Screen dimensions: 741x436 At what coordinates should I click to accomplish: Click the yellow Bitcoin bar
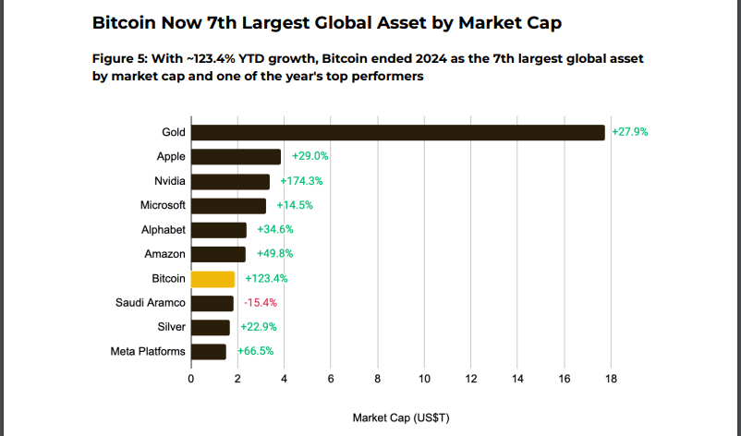click(213, 279)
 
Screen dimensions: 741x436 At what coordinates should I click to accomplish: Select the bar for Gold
click(398, 133)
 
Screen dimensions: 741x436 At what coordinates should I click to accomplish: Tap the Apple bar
click(236, 157)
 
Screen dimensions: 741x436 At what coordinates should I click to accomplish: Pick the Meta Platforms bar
click(209, 352)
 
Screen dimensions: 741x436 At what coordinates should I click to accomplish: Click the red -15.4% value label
click(261, 303)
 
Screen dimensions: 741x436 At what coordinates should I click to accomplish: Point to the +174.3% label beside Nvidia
click(301, 181)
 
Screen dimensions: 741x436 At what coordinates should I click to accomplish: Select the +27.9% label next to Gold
click(630, 132)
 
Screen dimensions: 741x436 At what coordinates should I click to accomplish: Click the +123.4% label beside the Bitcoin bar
click(266, 279)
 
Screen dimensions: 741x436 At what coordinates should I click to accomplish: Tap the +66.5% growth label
click(255, 351)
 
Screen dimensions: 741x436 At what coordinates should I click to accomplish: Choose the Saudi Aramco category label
click(151, 303)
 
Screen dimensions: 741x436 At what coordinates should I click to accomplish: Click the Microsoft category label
click(163, 205)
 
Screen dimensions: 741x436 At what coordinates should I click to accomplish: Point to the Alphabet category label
click(164, 230)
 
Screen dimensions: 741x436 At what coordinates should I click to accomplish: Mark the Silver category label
click(172, 327)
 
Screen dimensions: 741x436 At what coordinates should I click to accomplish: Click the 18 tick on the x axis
click(611, 379)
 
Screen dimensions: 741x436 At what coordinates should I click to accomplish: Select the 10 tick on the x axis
click(424, 379)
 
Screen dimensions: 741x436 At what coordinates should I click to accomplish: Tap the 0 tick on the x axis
click(191, 379)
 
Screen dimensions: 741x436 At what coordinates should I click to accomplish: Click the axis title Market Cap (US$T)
click(401, 418)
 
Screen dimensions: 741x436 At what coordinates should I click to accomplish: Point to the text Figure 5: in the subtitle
click(119, 58)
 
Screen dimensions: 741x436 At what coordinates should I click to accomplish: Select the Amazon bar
click(218, 254)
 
